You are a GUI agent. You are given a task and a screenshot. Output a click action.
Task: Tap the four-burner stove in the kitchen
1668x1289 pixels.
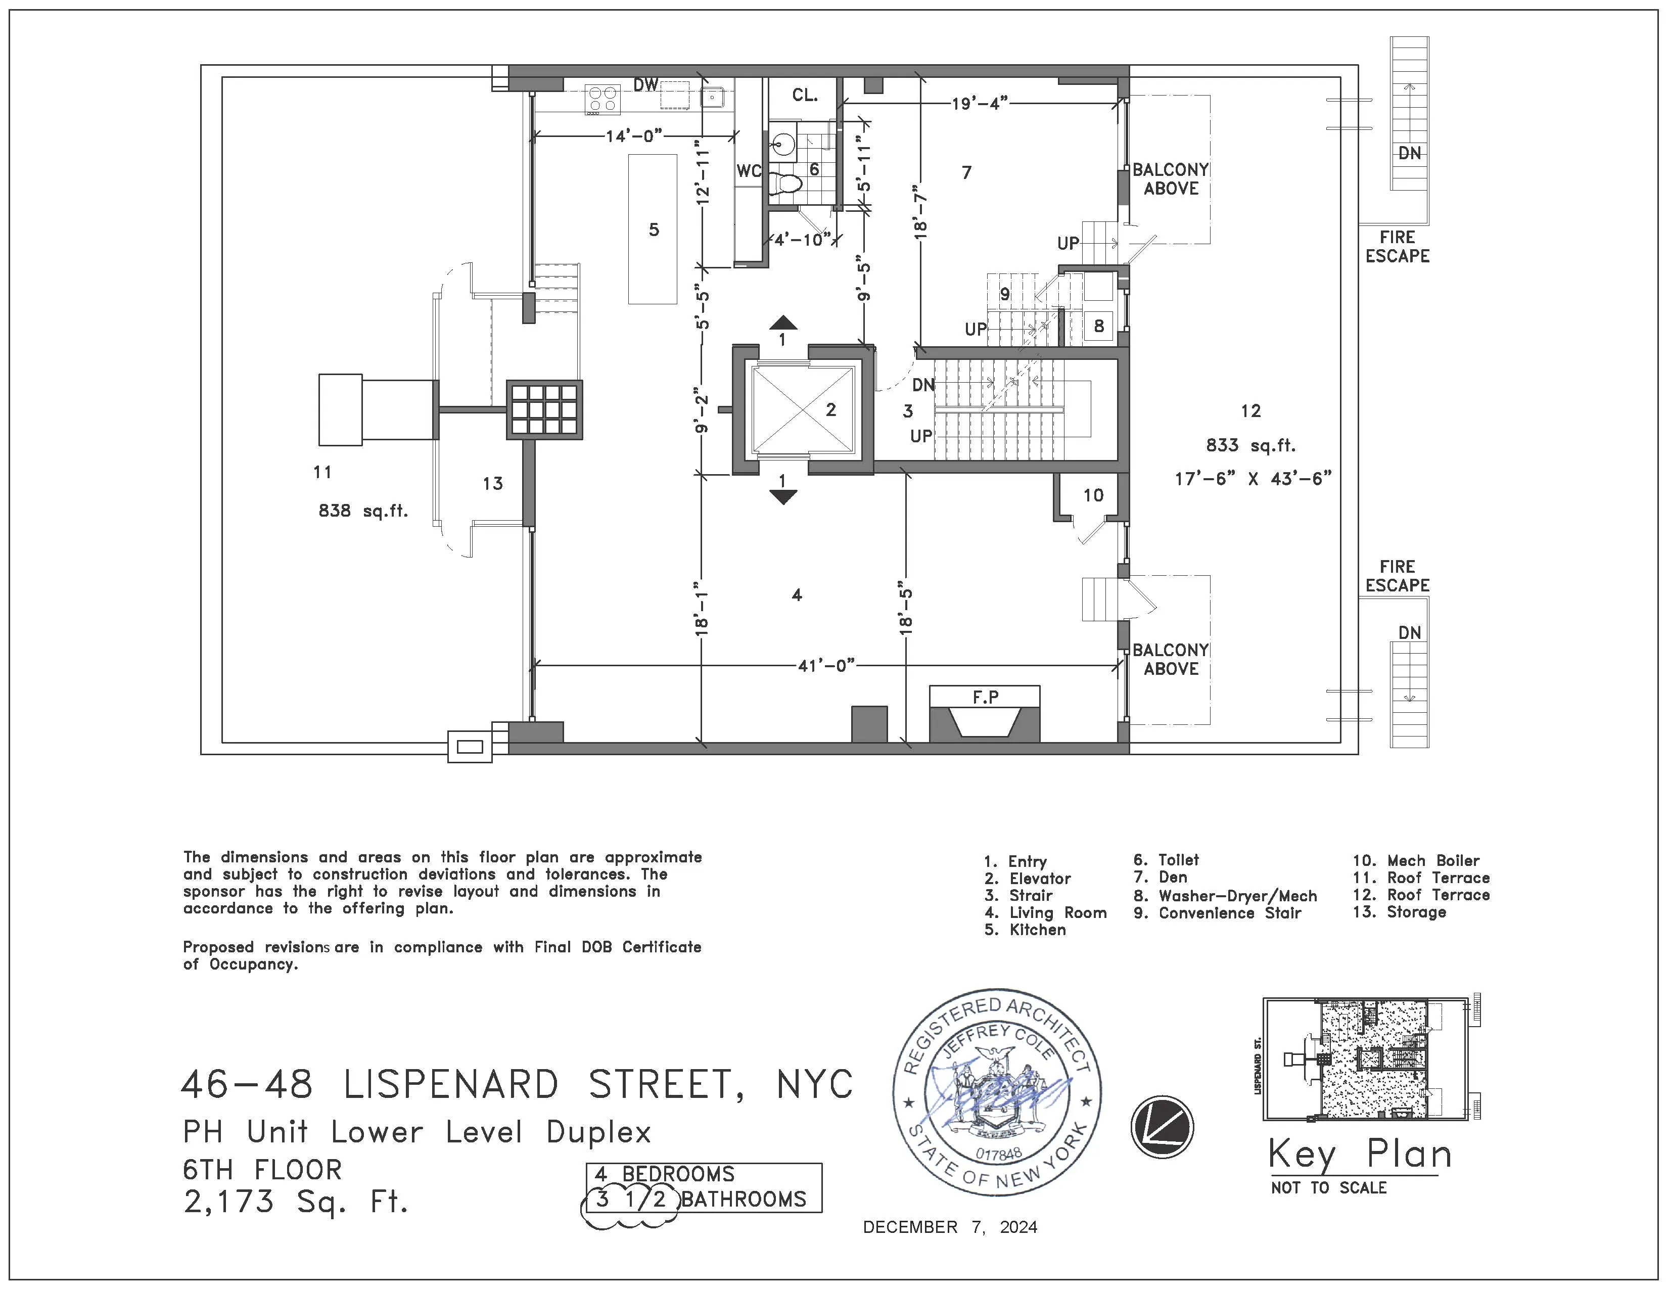[x=602, y=99]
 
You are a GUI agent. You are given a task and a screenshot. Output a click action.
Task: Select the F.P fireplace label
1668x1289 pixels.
[x=985, y=697]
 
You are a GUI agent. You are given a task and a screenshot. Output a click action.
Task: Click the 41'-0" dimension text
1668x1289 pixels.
[x=825, y=666]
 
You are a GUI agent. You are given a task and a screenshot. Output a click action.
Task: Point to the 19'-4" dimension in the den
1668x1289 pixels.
[x=980, y=103]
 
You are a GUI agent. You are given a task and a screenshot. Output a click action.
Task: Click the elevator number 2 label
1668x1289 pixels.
[x=831, y=410]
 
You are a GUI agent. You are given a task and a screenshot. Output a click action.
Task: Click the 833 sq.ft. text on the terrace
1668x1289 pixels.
[x=1250, y=445]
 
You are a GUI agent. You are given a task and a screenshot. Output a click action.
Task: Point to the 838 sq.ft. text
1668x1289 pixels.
[x=363, y=511]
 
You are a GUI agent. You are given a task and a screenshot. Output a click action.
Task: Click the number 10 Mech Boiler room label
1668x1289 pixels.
[x=1093, y=495]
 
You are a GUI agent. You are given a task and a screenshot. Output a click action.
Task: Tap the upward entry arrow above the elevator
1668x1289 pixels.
[x=782, y=323]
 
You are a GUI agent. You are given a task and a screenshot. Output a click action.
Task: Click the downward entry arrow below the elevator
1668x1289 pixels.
[x=782, y=497]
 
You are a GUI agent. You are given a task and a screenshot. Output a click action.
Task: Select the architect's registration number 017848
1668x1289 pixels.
[x=998, y=1154]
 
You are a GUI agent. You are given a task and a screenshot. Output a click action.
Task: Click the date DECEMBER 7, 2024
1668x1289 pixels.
[x=949, y=1227]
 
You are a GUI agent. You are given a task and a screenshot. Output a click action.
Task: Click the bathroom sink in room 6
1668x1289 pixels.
[x=783, y=142]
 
